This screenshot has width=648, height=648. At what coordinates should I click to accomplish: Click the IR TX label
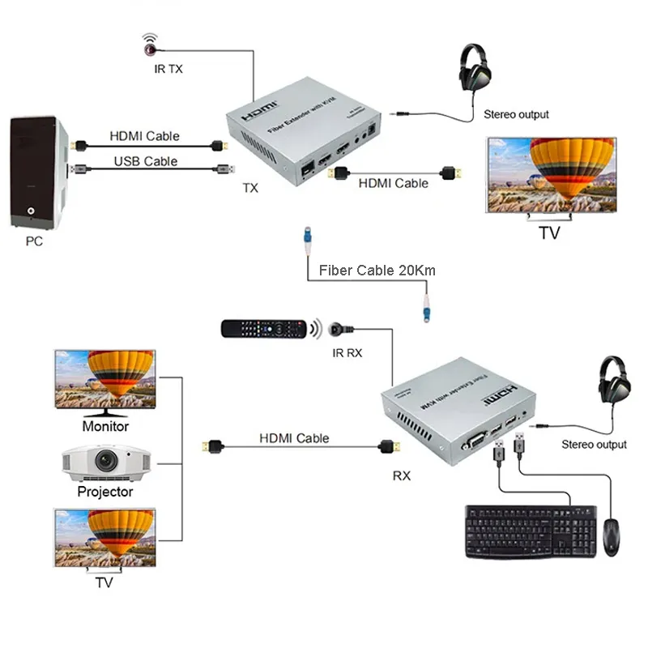coord(168,69)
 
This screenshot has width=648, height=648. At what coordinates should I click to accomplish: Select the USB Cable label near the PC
coord(145,161)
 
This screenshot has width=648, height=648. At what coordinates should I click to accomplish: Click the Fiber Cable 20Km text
coord(377,270)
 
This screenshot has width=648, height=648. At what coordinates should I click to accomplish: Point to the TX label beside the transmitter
coord(250,188)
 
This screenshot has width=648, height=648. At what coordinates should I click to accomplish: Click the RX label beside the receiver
coord(402,475)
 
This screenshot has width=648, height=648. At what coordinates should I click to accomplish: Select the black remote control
coord(263,328)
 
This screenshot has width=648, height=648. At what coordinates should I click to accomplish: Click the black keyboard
coord(530,532)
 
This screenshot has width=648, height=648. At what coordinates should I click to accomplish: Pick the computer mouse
coord(612,536)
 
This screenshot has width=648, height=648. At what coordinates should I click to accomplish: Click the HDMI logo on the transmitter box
coord(261,107)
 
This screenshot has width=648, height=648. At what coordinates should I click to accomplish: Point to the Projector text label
coord(105,492)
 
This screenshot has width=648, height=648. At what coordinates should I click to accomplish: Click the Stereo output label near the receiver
coord(594,445)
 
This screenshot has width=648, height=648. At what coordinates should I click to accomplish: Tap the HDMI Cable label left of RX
coord(294,438)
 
